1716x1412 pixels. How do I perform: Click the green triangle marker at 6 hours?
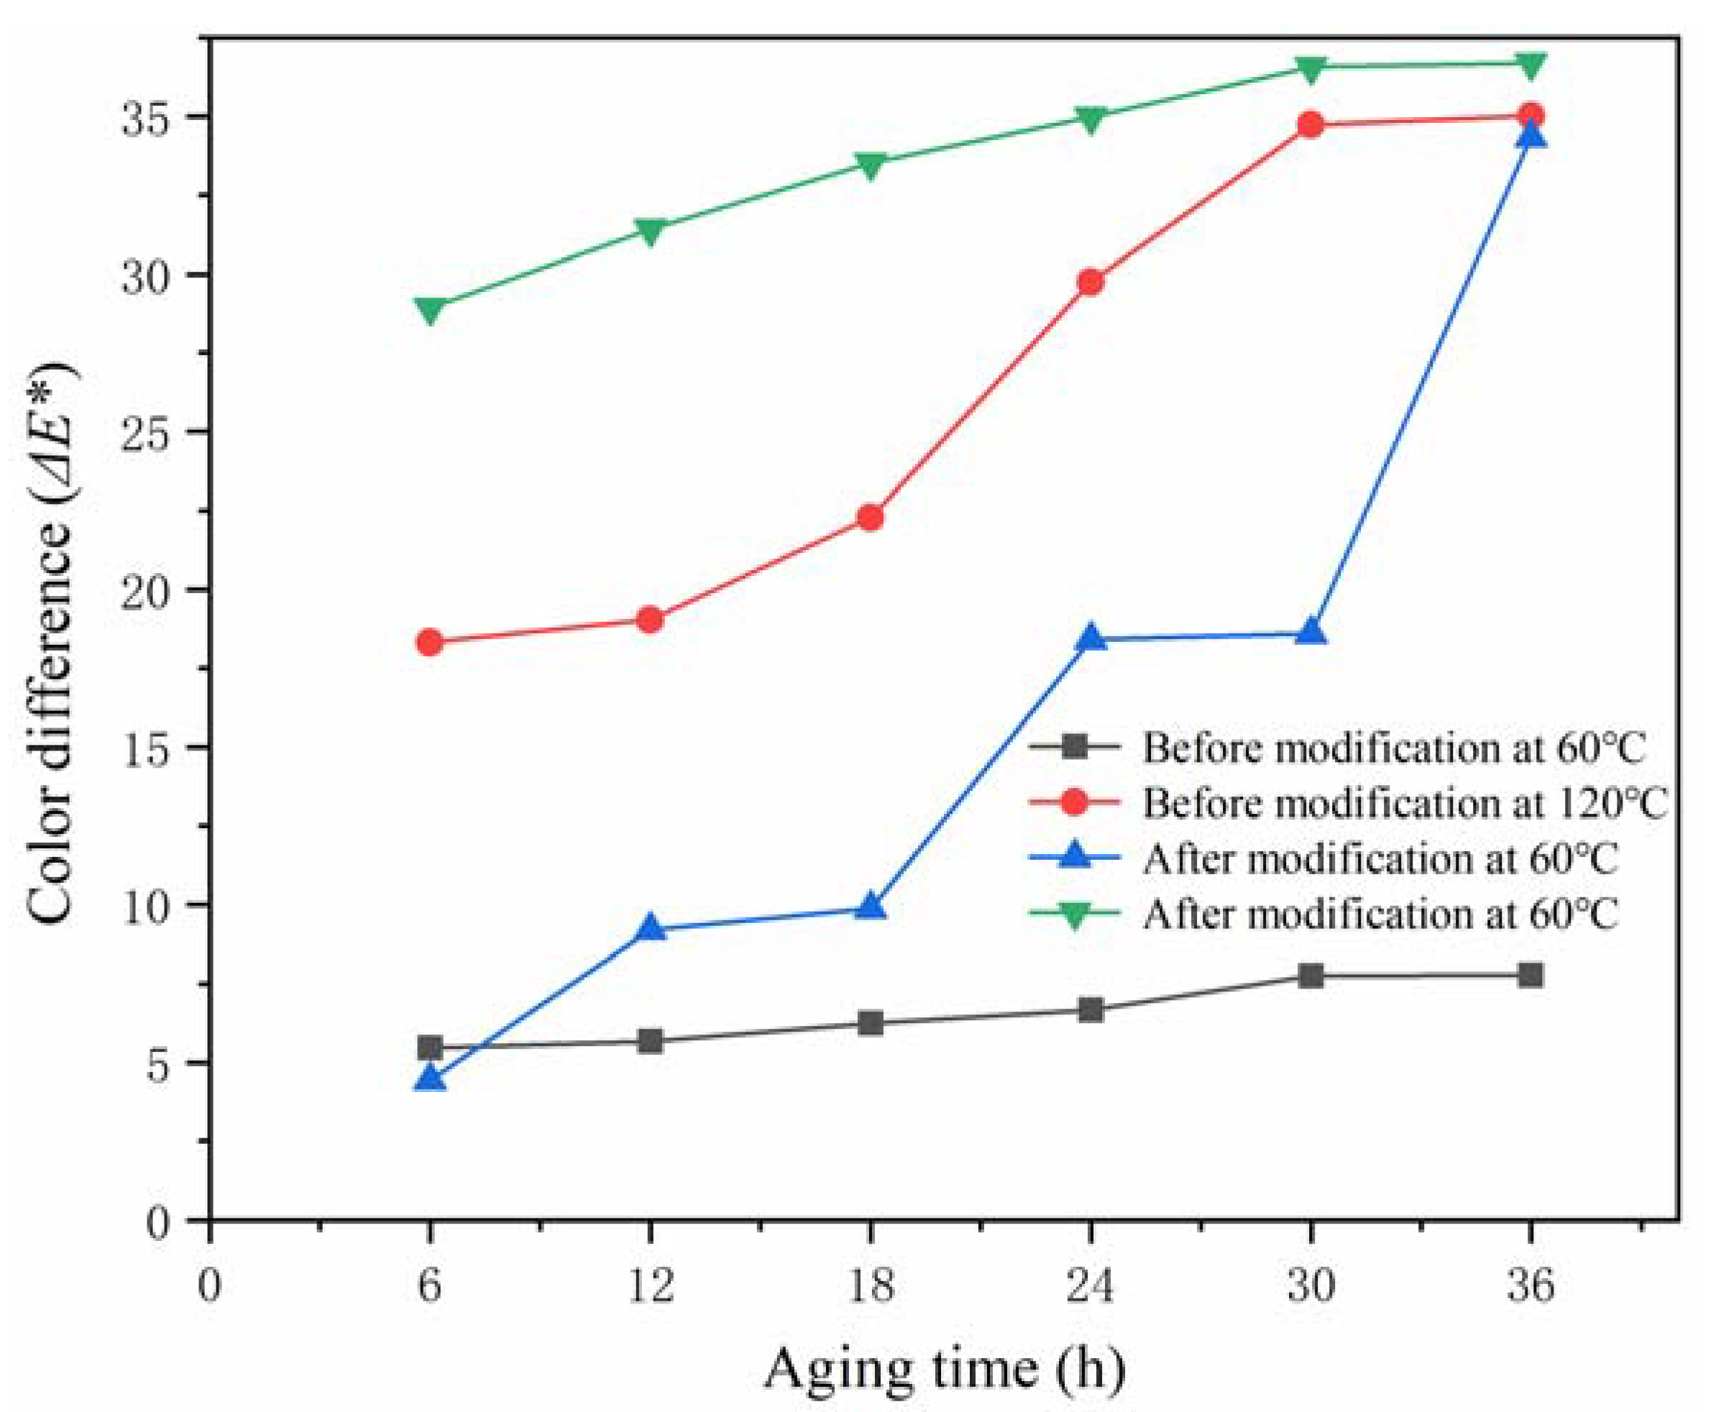[x=429, y=310]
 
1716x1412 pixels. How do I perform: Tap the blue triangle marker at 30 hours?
[x=1310, y=632]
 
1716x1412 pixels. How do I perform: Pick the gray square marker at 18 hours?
[x=870, y=1022]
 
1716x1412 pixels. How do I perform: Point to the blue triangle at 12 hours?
[x=650, y=927]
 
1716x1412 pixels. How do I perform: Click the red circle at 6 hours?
[x=429, y=643]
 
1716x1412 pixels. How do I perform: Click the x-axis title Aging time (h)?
[x=943, y=1369]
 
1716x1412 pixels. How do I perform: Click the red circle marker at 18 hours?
[x=870, y=518]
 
